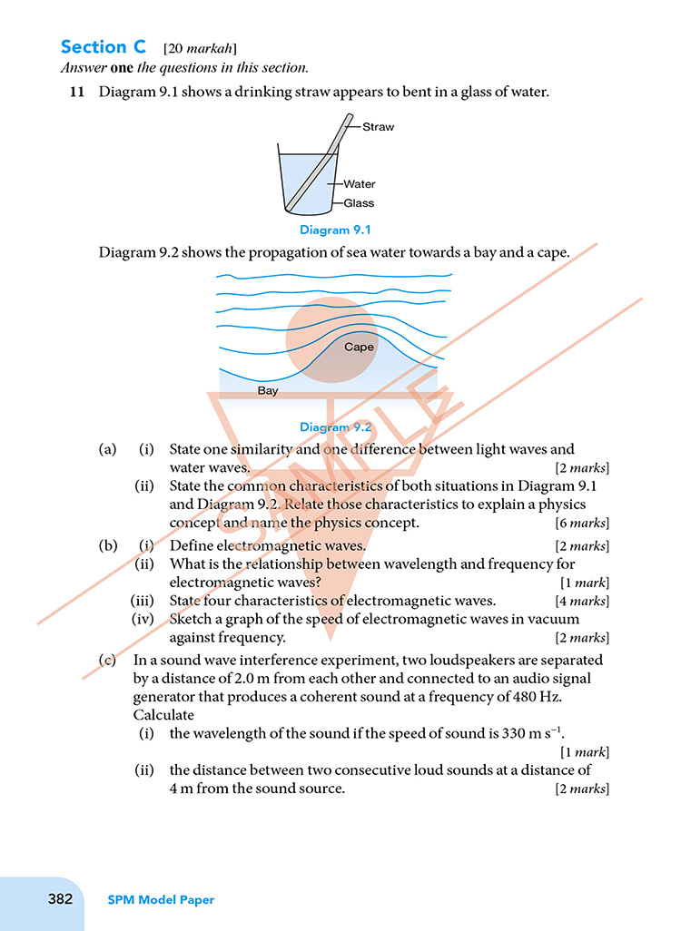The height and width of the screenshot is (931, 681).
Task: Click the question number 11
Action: pos(77,92)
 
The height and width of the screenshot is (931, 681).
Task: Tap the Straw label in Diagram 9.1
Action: pos(378,127)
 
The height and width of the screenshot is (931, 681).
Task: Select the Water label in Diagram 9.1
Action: pos(359,184)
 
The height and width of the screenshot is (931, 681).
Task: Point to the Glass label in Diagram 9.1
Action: pos(359,203)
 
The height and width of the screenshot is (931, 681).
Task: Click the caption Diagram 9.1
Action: pos(335,230)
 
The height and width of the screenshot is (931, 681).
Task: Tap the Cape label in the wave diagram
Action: pos(359,347)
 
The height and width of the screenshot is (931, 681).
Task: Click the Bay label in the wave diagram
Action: pos(268,391)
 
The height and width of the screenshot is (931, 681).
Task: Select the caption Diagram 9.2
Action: pos(335,426)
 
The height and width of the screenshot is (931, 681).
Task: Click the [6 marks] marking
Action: pos(581,523)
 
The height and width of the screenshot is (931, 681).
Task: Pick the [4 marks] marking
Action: pos(581,601)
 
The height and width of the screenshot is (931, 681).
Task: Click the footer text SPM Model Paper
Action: pos(161,900)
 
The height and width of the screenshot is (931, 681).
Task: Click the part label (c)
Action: pos(108,661)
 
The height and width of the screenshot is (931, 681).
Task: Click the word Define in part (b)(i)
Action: pos(190,545)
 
